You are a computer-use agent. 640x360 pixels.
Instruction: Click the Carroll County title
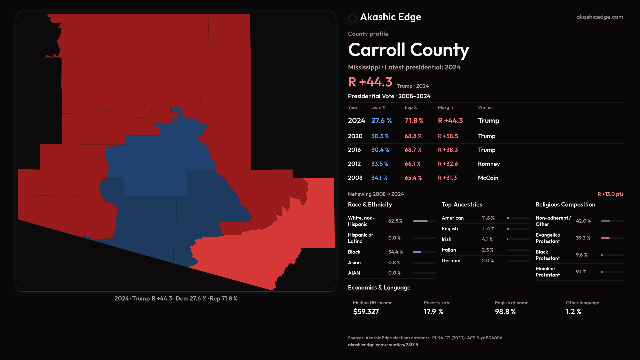408,50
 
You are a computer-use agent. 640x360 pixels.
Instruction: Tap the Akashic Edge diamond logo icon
352,18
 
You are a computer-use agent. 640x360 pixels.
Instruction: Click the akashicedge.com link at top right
599,17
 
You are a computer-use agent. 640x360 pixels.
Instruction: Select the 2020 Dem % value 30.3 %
380,136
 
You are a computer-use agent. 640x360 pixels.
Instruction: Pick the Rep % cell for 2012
412,164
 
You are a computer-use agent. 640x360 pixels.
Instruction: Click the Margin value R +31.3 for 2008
447,178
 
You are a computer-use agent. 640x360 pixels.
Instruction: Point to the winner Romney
489,164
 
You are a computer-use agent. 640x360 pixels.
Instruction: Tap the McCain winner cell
488,178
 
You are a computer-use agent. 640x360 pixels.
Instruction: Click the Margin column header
445,107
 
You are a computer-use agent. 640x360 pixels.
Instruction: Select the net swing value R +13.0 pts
610,194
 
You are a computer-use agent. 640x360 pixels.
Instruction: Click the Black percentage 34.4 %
395,252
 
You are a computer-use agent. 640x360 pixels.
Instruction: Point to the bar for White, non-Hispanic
424,221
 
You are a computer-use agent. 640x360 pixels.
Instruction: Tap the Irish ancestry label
446,239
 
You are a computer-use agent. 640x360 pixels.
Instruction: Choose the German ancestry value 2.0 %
488,261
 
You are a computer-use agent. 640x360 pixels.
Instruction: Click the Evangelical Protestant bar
612,238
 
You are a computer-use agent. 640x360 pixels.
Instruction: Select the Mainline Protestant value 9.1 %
581,272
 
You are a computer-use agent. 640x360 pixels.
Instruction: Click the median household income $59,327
366,312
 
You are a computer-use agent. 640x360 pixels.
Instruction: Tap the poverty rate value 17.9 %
433,312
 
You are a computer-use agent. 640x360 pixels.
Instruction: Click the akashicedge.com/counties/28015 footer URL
383,345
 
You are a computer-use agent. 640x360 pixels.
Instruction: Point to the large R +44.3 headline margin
370,82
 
